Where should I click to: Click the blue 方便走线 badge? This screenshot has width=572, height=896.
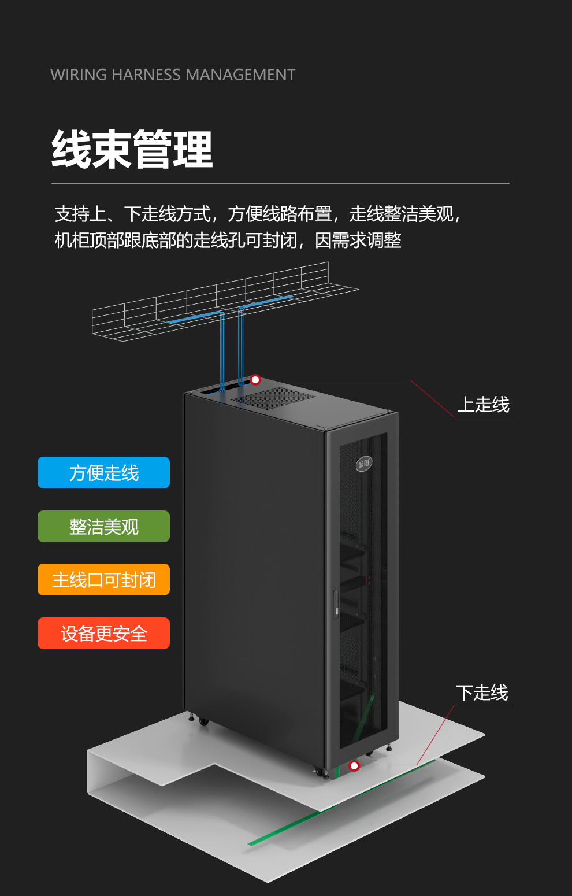coord(104,473)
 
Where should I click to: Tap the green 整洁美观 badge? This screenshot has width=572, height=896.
coord(104,527)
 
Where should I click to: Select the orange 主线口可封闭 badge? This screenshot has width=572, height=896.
coord(104,580)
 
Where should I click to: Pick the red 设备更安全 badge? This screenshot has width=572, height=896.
coord(104,634)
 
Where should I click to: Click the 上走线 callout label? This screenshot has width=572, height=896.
coord(483,405)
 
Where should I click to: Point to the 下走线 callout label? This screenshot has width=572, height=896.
coord(482,693)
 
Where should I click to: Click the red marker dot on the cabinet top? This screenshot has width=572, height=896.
coord(255,380)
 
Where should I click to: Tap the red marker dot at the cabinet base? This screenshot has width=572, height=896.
coord(354,766)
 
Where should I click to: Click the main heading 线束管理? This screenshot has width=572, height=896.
coord(132,150)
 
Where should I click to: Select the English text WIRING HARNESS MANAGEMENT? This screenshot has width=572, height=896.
coord(173,75)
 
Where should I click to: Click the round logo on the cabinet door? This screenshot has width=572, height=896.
coord(364,464)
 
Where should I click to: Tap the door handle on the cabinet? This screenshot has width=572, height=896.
coord(336,604)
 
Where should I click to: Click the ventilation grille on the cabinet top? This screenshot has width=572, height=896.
coord(273,398)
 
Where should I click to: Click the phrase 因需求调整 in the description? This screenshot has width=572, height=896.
coord(358,240)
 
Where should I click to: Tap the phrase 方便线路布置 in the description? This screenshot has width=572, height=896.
coord(280,214)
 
